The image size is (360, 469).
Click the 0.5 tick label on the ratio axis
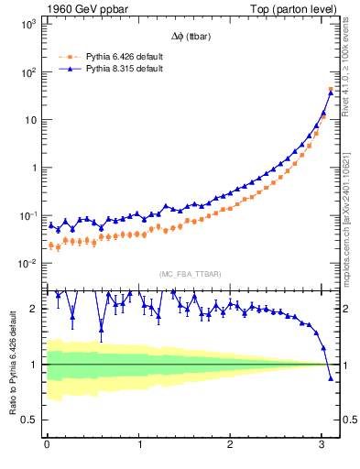click(27, 420)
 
